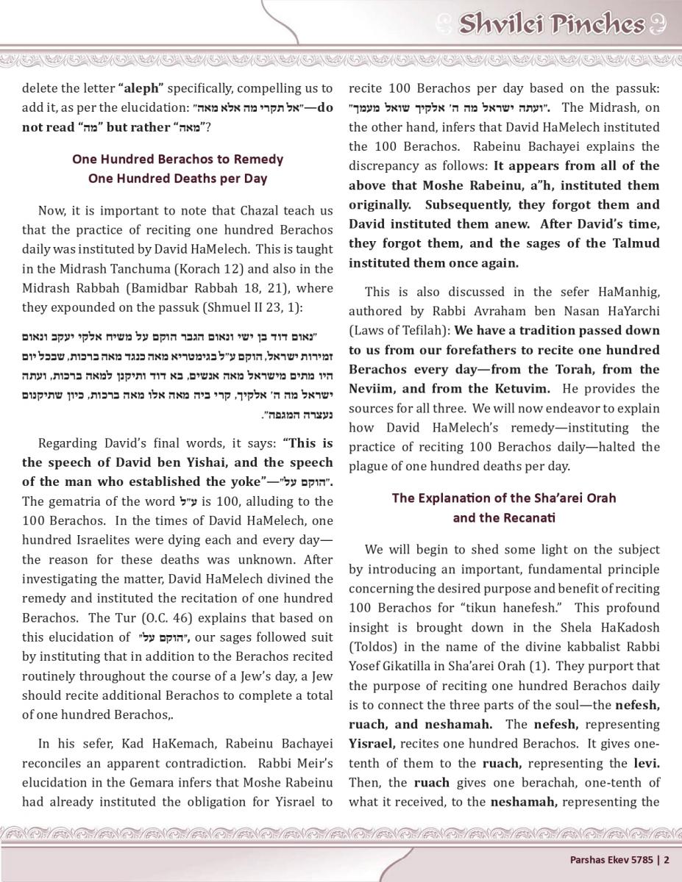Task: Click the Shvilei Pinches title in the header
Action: pyautogui.click(x=552, y=24)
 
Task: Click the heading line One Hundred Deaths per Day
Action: pyautogui.click(x=178, y=178)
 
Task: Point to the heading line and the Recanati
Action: pyautogui.click(x=504, y=517)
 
